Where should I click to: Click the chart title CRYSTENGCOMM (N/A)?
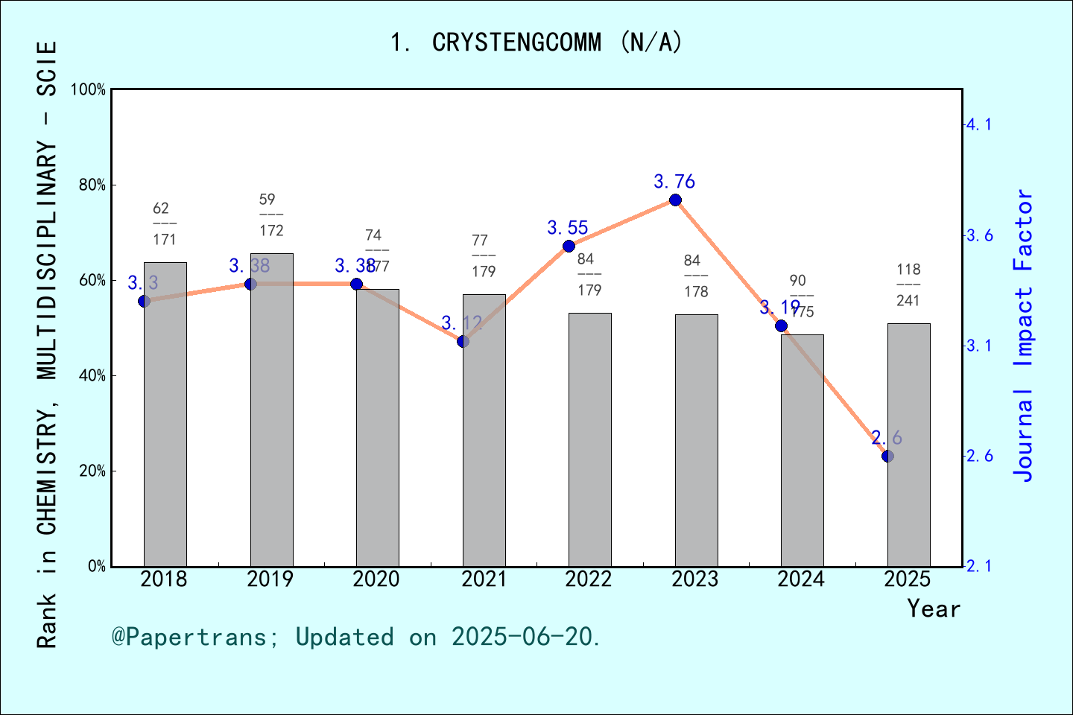coord(536,42)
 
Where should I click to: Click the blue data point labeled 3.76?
coord(675,200)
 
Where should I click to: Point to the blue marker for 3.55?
coord(569,247)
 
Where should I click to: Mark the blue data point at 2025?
coord(887,456)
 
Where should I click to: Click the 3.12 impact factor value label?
coord(462,323)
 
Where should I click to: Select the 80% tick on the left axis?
coord(92,185)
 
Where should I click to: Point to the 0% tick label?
coord(97,567)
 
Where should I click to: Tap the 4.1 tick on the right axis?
coord(980,124)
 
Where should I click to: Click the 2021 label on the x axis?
coord(483,579)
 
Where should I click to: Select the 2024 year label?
coord(801,579)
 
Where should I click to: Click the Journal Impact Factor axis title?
coord(1024,335)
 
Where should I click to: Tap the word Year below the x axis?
coord(934,609)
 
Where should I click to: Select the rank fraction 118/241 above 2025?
coord(908,285)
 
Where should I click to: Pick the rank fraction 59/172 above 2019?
coord(271,215)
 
